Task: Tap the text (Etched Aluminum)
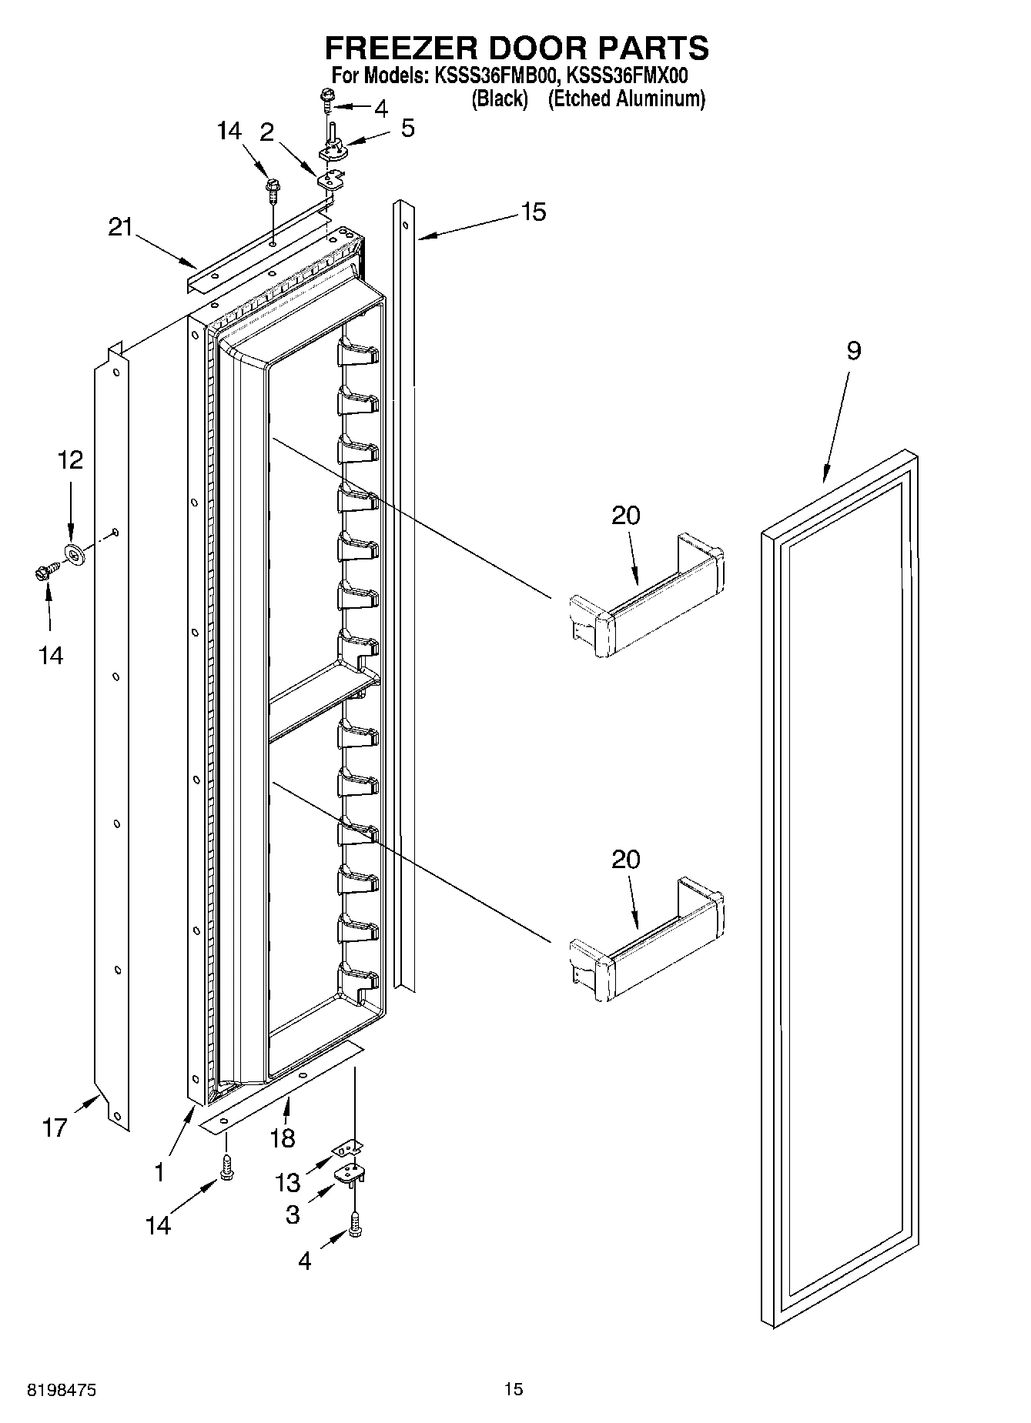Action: pos(626,99)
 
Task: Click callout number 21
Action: pos(120,227)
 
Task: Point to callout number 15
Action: pos(533,212)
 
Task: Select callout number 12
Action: pos(70,460)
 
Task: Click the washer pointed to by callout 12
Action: pos(75,552)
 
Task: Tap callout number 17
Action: pos(55,1128)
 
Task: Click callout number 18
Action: pos(283,1138)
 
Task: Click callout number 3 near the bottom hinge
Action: pos(293,1214)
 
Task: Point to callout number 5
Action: pos(407,128)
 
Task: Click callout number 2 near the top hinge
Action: pos(266,132)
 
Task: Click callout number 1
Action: pos(159,1173)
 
